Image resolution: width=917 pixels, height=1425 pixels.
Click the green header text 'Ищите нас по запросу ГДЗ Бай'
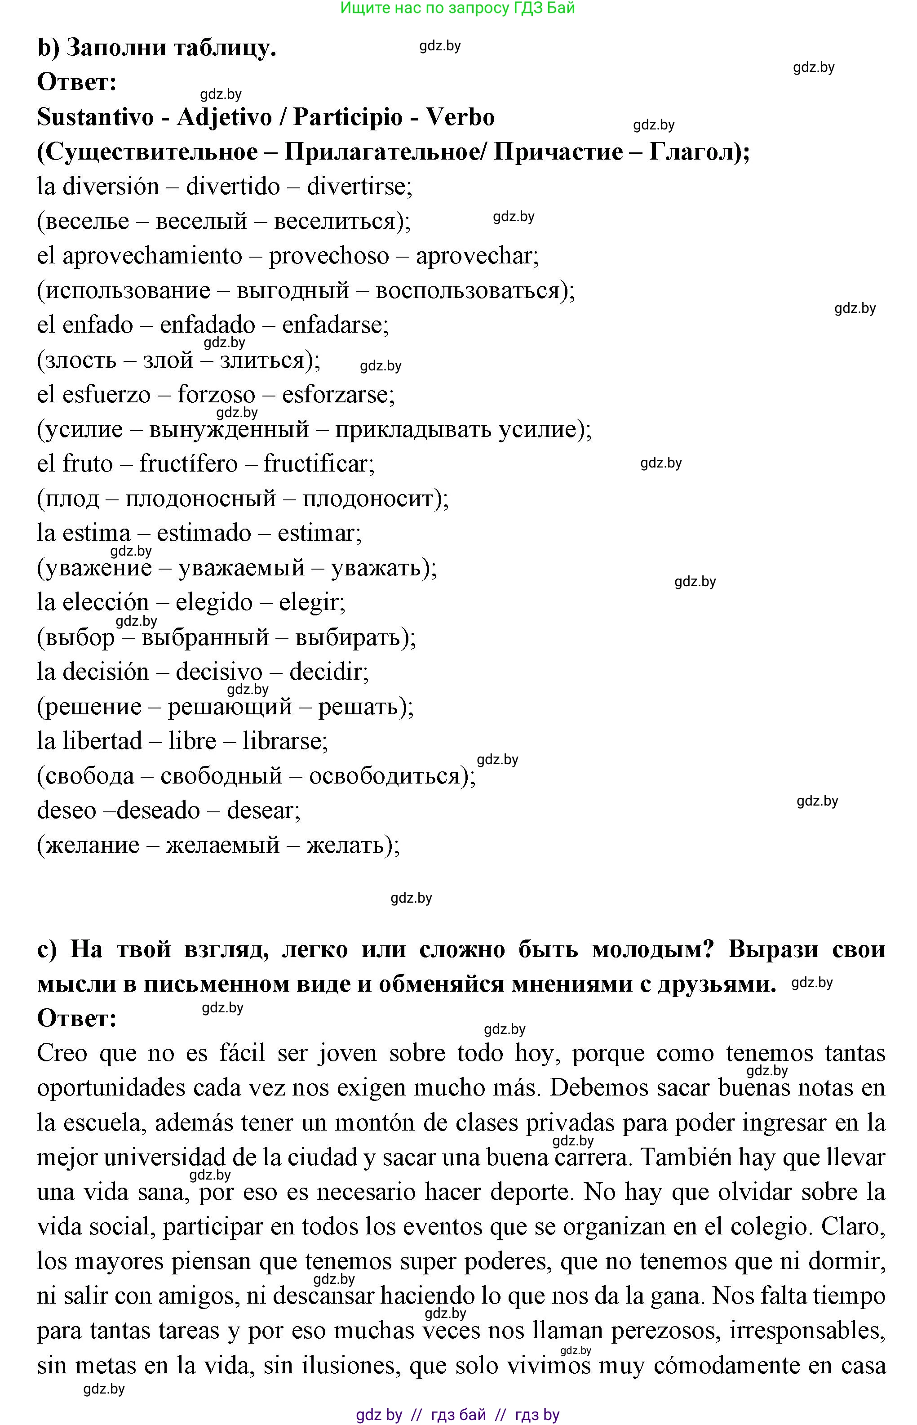pos(457,9)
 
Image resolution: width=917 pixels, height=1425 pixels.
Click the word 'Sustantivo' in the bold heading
pos(95,117)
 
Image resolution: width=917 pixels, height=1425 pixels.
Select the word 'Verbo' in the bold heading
pos(460,117)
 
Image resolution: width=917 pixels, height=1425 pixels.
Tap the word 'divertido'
pos(233,187)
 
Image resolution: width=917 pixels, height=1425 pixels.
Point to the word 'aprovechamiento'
pos(152,256)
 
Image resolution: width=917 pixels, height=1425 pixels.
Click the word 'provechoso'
pos(329,256)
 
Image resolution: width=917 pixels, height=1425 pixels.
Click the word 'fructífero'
pos(188,464)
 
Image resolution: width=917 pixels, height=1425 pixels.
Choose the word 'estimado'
pos(204,533)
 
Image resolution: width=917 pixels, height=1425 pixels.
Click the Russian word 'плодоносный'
pos(201,499)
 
